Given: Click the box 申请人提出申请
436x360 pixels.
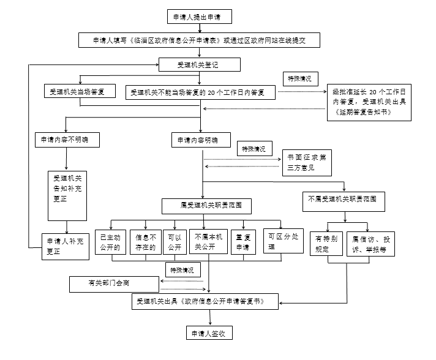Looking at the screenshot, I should tap(198, 17).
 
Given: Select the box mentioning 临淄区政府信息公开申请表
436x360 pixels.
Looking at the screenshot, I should tap(199, 40).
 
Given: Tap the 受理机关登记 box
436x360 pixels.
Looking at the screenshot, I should tap(199, 64).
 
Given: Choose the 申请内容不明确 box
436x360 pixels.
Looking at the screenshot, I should tap(65, 140).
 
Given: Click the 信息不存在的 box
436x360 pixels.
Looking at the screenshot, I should tap(146, 242).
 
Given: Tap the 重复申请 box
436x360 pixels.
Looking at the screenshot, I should tap(243, 242).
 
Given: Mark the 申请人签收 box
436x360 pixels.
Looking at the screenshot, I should tap(209, 333).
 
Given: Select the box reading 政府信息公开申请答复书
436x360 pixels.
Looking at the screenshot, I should tap(206, 301).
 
